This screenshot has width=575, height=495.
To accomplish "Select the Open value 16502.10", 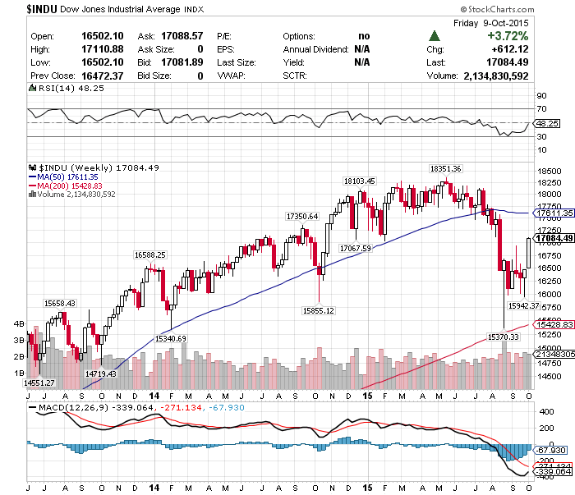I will [102, 36].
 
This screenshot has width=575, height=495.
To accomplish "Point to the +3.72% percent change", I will [507, 36].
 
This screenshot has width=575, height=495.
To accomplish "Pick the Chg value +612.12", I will [510, 49].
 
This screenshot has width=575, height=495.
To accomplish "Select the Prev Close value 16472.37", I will [102, 75].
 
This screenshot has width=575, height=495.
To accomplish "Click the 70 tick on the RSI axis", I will [541, 108].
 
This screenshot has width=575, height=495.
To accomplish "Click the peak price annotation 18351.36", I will [446, 168].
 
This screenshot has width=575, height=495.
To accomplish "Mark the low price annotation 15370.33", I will [504, 337].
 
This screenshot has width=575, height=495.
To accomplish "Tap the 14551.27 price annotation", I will [39, 383].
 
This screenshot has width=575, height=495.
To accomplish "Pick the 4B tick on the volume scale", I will [18, 323].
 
